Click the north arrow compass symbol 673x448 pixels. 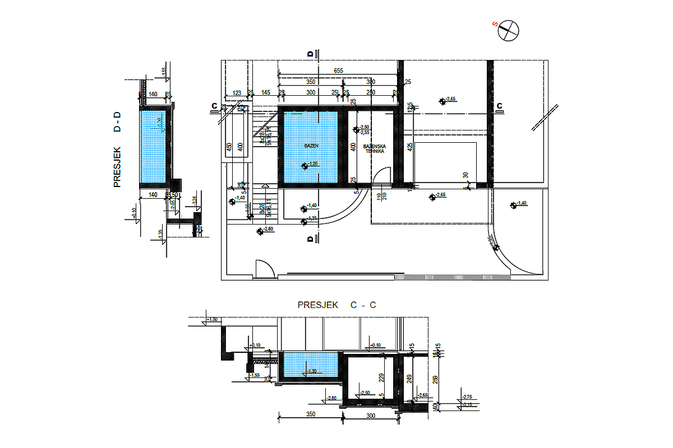508,30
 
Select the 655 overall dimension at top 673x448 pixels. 338,71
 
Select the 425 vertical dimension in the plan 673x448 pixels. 410,147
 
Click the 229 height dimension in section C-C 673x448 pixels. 382,378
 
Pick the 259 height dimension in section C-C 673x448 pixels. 436,381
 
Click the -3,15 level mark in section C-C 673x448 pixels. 467,404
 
